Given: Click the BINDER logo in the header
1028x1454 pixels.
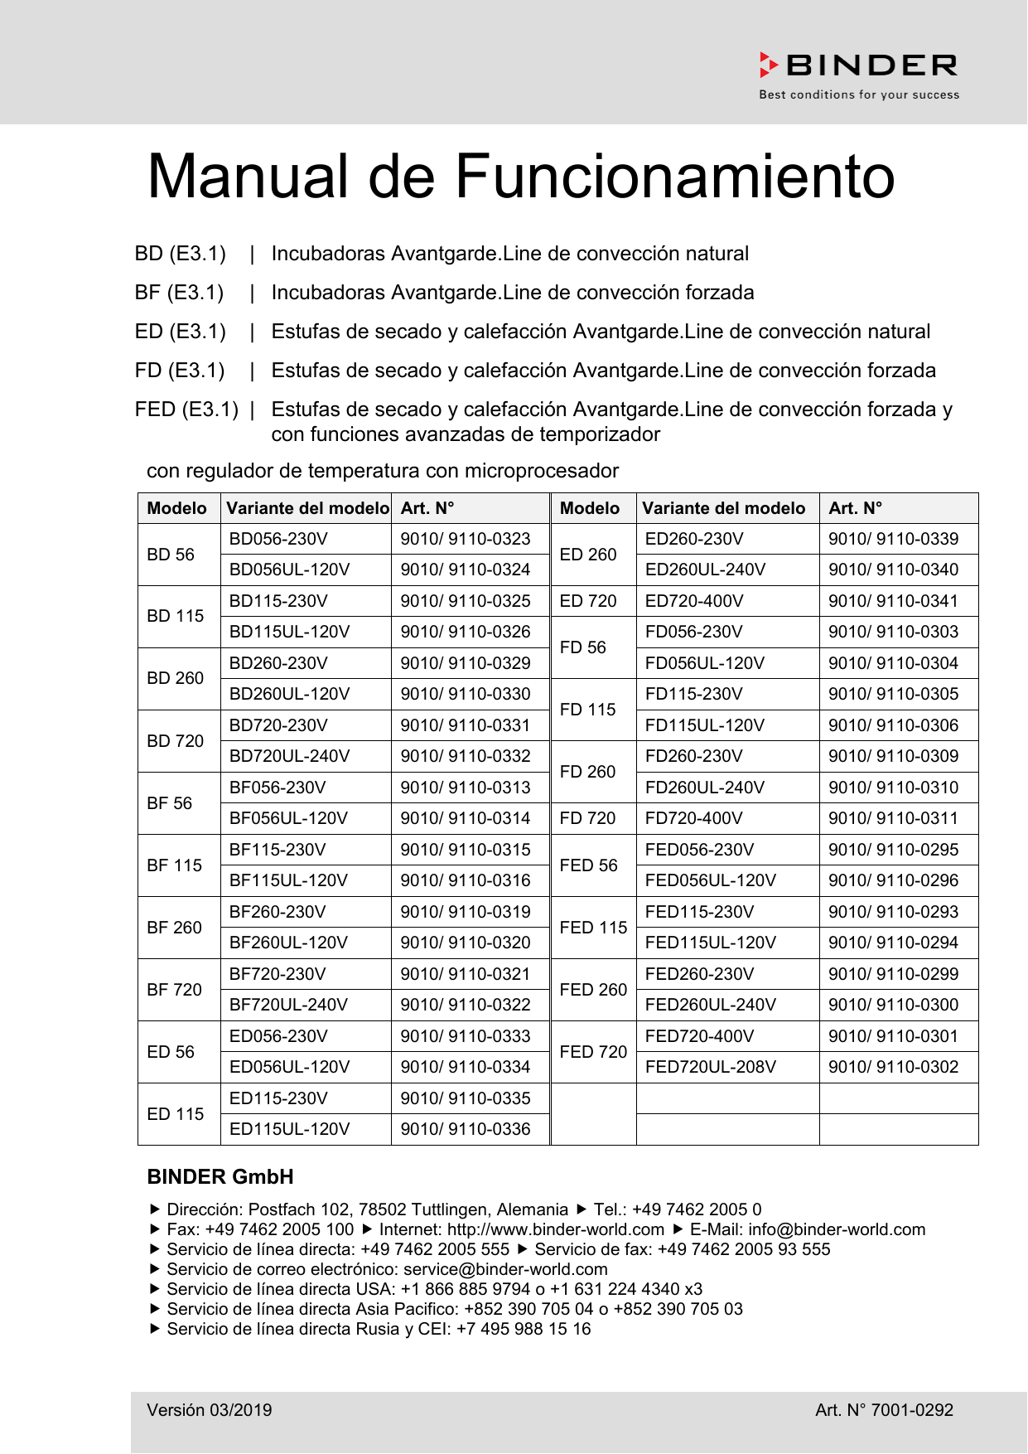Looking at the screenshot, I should click(x=858, y=65).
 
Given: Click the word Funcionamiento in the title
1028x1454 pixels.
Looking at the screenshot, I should click(x=674, y=177).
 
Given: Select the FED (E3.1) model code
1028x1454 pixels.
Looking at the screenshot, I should click(x=186, y=410).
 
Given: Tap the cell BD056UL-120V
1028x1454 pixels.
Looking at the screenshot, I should click(x=289, y=569).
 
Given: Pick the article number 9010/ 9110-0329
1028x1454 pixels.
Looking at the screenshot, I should click(x=466, y=663).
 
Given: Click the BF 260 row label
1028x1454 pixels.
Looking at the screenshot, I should click(x=174, y=928).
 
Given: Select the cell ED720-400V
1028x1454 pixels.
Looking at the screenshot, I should click(x=694, y=601).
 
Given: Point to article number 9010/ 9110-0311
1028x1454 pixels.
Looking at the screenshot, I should click(x=893, y=818).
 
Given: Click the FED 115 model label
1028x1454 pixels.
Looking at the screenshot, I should click(x=593, y=928).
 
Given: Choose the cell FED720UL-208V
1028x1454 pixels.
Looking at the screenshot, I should click(x=711, y=1067).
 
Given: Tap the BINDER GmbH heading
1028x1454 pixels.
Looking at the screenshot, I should click(x=220, y=1177).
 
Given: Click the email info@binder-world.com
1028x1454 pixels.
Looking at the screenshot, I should click(x=837, y=1229).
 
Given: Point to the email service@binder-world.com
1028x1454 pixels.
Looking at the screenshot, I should click(x=505, y=1269).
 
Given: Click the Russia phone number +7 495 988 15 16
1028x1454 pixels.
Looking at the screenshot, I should click(x=524, y=1329).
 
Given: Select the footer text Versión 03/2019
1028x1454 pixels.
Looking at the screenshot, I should click(x=210, y=1410).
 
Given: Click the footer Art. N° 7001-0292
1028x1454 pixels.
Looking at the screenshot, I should click(x=884, y=1410).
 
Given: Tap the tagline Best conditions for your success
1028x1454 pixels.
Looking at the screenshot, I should click(x=859, y=95).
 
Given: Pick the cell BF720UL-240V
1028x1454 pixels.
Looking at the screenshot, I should click(x=288, y=1005).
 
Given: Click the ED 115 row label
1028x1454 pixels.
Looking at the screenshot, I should click(x=175, y=1114).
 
